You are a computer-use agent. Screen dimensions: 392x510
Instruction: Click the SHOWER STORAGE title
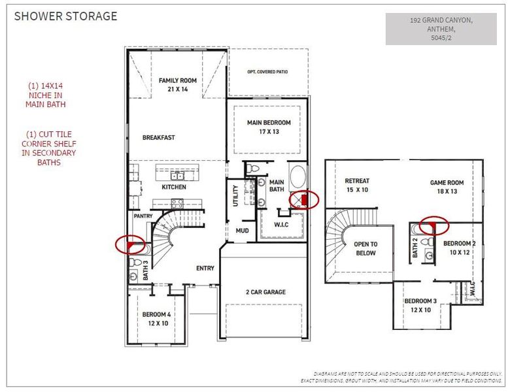[66, 16]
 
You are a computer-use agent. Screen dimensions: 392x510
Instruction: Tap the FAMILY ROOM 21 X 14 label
[178, 85]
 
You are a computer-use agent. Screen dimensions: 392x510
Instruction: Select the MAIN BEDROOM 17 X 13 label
[268, 127]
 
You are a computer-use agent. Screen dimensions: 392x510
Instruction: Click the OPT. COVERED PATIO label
[267, 72]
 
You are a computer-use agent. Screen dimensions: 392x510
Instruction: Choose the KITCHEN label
[174, 187]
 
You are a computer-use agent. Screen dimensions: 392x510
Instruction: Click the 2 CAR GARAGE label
[265, 292]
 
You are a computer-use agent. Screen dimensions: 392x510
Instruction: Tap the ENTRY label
[205, 268]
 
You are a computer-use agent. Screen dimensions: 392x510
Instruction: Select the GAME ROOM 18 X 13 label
[447, 188]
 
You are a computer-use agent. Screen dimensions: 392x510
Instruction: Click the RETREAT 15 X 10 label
[357, 185]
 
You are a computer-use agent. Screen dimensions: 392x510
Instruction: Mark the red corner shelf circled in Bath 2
[432, 227]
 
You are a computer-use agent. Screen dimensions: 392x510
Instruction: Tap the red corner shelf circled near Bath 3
[131, 245]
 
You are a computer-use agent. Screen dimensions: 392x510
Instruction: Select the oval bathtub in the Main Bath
[297, 177]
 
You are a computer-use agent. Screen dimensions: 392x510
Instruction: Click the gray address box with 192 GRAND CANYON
[432, 29]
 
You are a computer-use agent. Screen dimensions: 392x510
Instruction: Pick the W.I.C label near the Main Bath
[281, 226]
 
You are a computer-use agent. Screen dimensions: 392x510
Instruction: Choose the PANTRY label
[143, 215]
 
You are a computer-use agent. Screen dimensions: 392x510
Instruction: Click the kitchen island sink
[177, 175]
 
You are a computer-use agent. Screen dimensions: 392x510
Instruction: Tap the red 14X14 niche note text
[46, 95]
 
